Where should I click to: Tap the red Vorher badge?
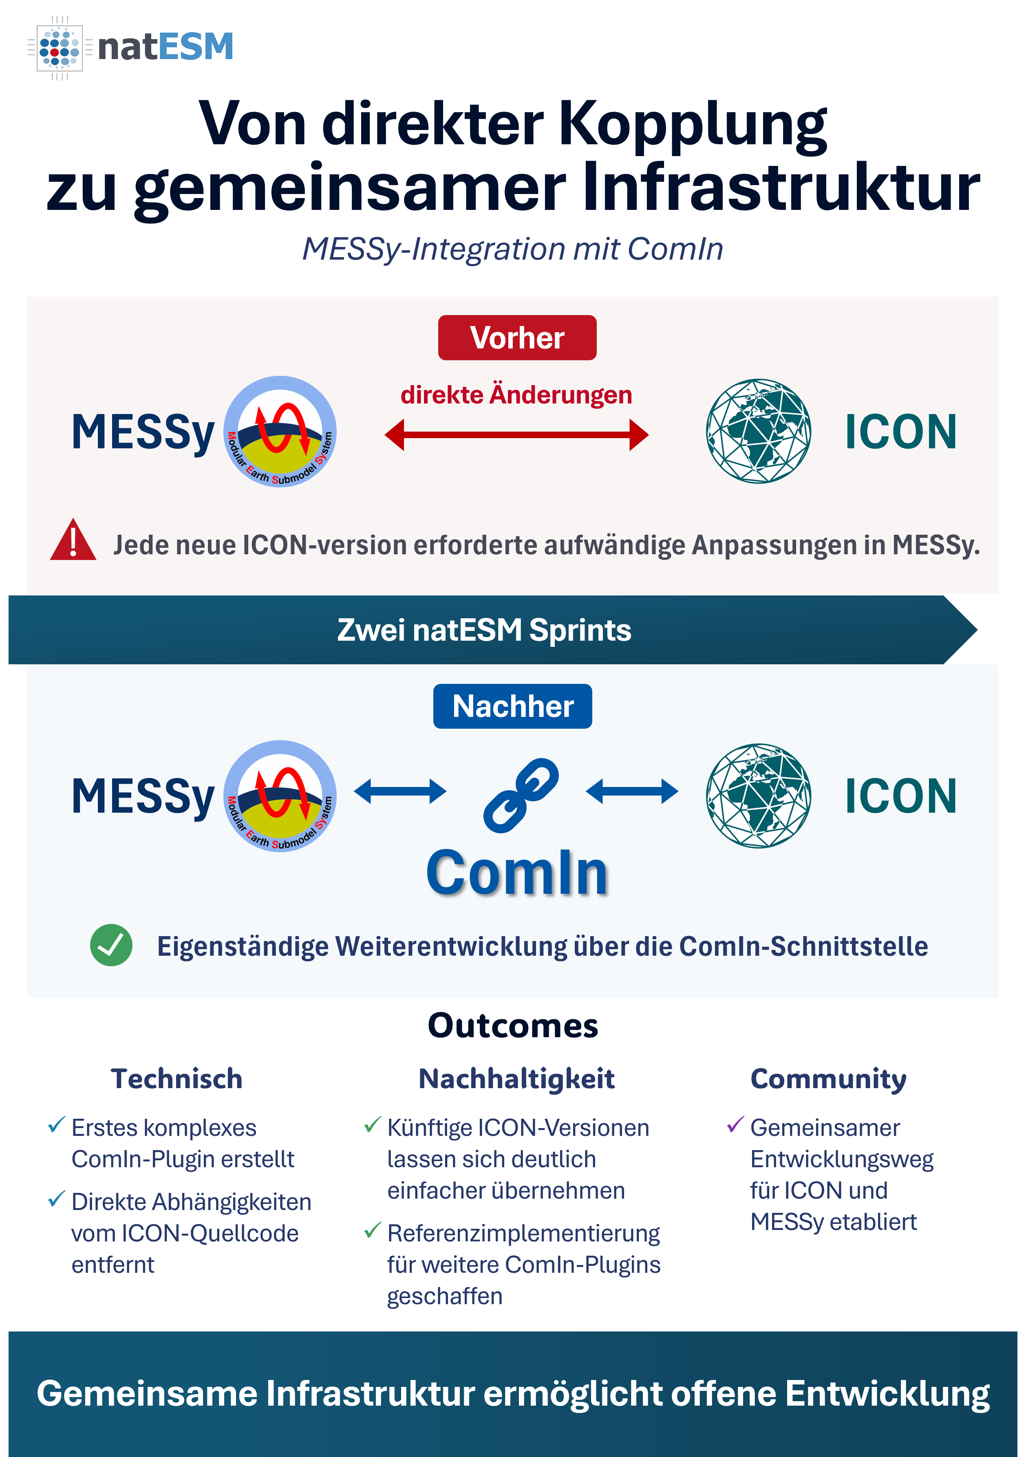[517, 337]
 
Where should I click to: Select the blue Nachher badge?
[513, 706]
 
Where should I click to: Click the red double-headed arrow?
[516, 435]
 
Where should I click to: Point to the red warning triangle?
[73, 540]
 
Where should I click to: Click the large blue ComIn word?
[517, 873]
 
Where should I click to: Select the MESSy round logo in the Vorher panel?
[280, 432]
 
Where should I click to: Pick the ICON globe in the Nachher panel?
[758, 796]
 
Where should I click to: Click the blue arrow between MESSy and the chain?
[400, 791]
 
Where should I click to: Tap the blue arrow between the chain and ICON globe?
[632, 791]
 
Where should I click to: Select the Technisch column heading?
[177, 1079]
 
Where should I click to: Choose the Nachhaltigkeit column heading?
[516, 1079]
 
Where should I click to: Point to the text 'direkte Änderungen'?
[516, 394]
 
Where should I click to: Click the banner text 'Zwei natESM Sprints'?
[484, 630]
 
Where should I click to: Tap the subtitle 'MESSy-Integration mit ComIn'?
[513, 249]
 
